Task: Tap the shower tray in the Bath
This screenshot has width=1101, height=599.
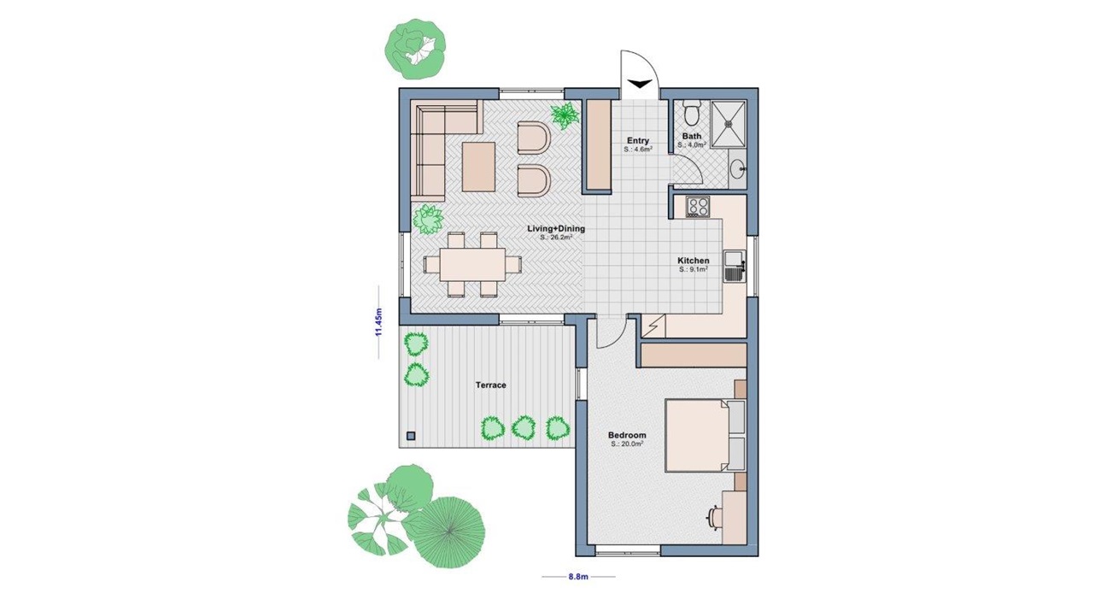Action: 729,124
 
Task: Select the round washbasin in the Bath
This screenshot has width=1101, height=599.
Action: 737,170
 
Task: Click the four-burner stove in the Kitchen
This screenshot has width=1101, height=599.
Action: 698,207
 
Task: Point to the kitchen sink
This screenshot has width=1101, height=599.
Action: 735,266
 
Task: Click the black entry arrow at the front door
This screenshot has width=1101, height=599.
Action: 639,84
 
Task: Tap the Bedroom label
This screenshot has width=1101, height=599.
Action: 627,435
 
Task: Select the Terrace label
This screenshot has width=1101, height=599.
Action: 490,385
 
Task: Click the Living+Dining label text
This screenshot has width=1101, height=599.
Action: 556,229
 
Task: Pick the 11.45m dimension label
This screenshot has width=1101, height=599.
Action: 378,321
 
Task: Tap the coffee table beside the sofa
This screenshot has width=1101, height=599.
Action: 478,167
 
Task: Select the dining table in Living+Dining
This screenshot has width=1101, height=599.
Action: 472,265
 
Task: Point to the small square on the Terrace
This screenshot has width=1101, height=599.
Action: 411,435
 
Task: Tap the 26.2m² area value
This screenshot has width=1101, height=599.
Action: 556,238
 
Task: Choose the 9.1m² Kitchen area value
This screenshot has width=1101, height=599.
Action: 693,269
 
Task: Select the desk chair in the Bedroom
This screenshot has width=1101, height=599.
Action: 714,518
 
